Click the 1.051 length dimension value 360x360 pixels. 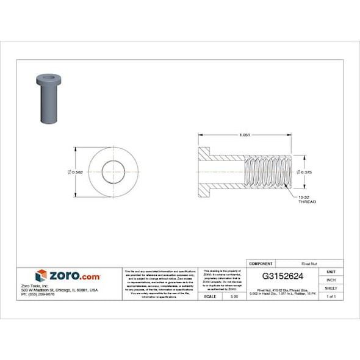245,135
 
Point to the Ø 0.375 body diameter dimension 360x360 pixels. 305,173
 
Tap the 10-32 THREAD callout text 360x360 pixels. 306,199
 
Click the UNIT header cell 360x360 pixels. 331,272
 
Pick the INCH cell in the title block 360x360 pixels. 331,279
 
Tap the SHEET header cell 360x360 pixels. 331,287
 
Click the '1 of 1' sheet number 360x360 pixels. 331,296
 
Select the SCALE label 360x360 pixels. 210,296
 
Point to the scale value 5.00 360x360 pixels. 234,296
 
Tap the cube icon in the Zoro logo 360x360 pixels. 41,276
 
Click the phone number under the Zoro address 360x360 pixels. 38,294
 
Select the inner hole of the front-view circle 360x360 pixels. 112,172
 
